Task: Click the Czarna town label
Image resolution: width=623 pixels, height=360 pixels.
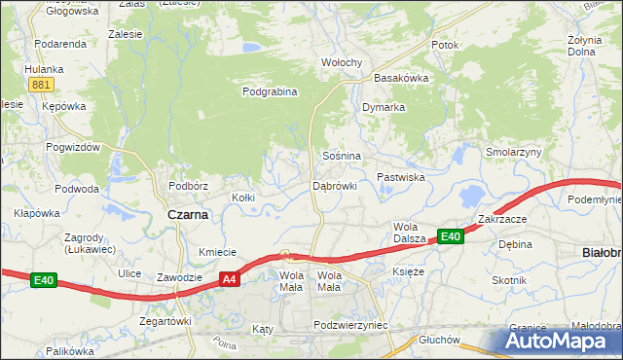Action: pos(188,215)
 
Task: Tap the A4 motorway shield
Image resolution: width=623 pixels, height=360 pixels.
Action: pos(228,279)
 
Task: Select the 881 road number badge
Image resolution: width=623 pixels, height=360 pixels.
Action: pos(40,86)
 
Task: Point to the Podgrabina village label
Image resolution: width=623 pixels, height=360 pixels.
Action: pos(270,92)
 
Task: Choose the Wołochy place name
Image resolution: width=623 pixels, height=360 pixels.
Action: pos(342,63)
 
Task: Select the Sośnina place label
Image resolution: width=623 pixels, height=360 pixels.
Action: pos(342,156)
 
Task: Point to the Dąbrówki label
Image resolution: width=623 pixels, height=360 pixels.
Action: pos(335,185)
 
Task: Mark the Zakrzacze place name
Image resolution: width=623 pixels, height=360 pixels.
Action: pos(502,219)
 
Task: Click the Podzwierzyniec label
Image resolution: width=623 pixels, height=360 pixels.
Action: pos(350,325)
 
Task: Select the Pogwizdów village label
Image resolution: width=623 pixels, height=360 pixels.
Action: pos(73,147)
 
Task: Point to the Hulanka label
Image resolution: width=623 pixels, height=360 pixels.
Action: pos(44,69)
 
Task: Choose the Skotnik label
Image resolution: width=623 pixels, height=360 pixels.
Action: pos(509,280)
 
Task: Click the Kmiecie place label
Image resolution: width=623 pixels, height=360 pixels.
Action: pos(218,252)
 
